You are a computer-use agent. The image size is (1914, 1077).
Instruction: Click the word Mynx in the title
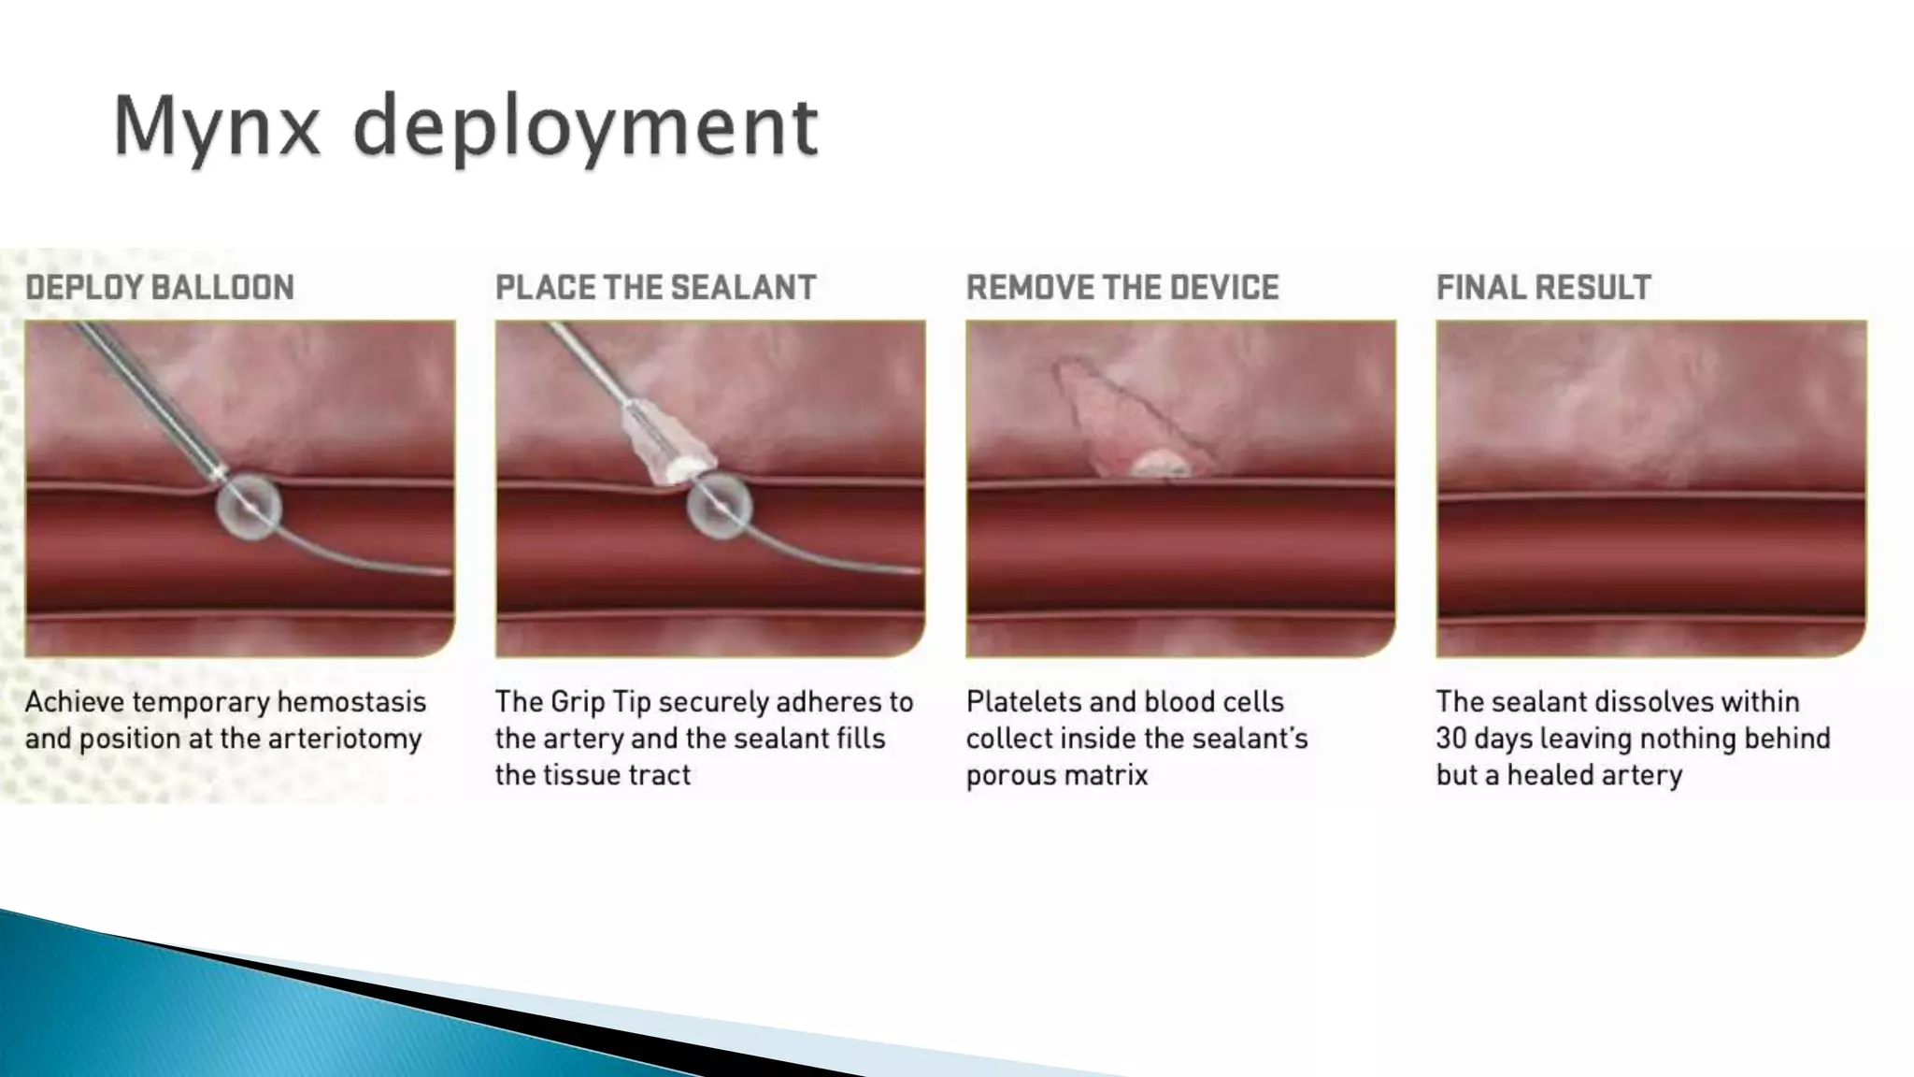(217, 127)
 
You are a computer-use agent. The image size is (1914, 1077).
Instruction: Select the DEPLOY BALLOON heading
(160, 288)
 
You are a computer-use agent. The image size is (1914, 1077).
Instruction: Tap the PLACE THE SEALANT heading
(655, 288)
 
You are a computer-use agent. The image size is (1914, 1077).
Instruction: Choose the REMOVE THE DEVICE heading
(1122, 288)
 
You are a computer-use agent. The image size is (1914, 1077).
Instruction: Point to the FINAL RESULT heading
(1544, 288)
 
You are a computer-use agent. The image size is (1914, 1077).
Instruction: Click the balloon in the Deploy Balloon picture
(249, 506)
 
